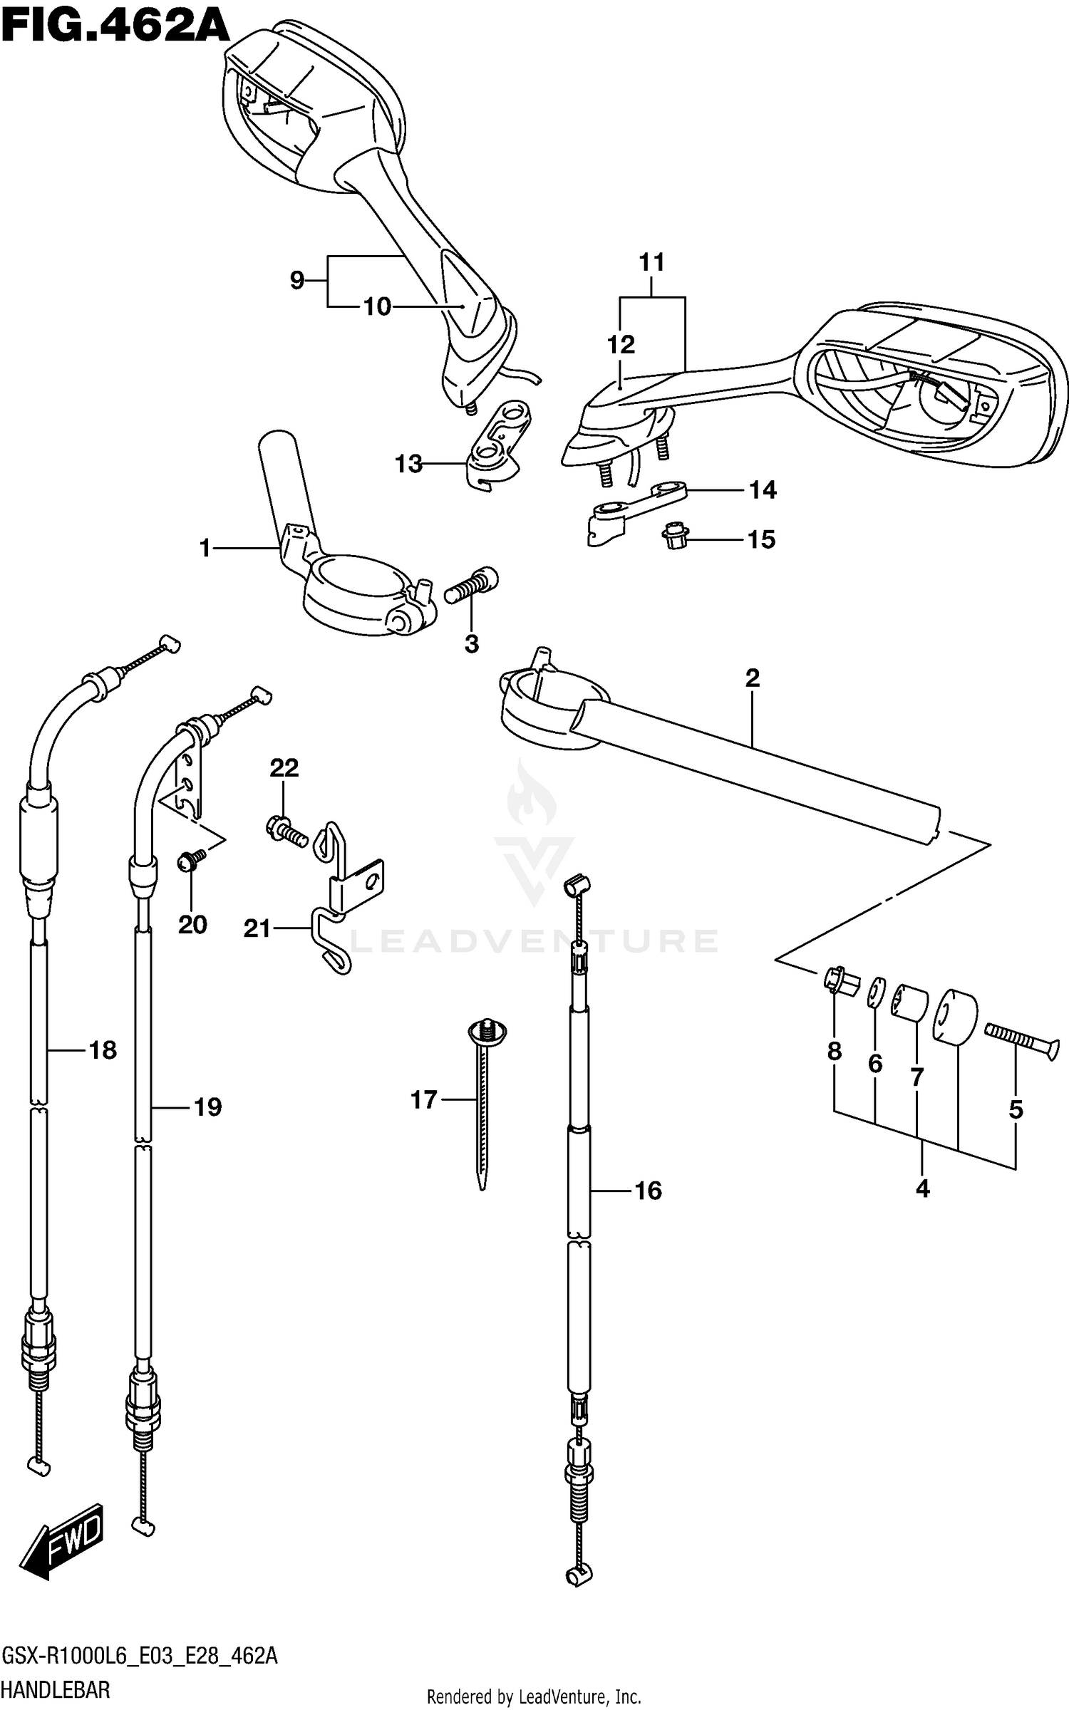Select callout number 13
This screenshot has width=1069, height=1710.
click(409, 465)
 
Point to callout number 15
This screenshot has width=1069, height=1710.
click(760, 540)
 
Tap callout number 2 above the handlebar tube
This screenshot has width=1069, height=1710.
click(753, 678)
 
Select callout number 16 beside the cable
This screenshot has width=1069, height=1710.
click(648, 1191)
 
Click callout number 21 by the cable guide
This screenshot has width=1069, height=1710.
click(257, 928)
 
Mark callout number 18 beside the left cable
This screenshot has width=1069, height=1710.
click(103, 1050)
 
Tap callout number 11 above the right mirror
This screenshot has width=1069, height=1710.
click(652, 262)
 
